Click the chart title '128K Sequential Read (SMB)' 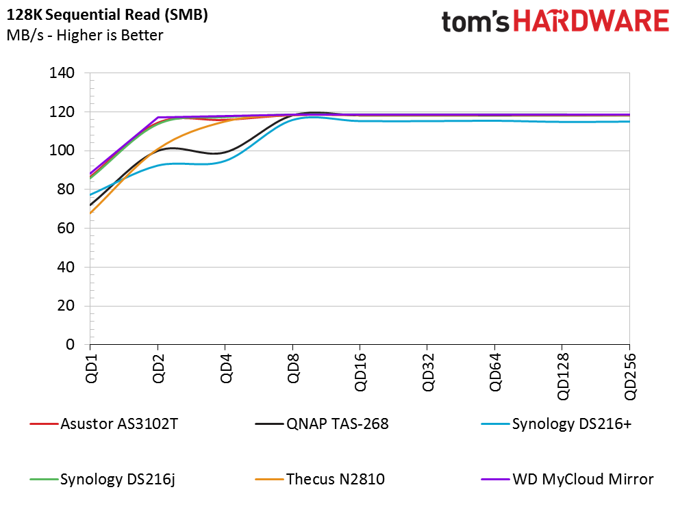(x=108, y=14)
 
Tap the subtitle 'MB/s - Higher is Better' (x=85, y=35)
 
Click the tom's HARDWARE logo (x=555, y=21)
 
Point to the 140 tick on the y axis (x=62, y=73)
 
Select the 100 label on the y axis (x=62, y=151)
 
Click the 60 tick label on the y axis (x=66, y=228)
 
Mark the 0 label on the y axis (x=70, y=344)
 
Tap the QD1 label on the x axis (x=91, y=368)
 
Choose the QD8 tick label (x=294, y=368)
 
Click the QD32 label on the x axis (x=428, y=372)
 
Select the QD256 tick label (x=631, y=376)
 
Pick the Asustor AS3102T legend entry (x=104, y=424)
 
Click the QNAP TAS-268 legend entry (x=322, y=424)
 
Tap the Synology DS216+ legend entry (x=557, y=424)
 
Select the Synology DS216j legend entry (x=103, y=479)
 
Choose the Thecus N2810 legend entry (x=320, y=479)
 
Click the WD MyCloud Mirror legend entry (x=567, y=479)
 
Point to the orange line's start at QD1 (x=90, y=213)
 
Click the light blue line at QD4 (x=225, y=161)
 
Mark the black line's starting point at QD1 (x=90, y=205)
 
